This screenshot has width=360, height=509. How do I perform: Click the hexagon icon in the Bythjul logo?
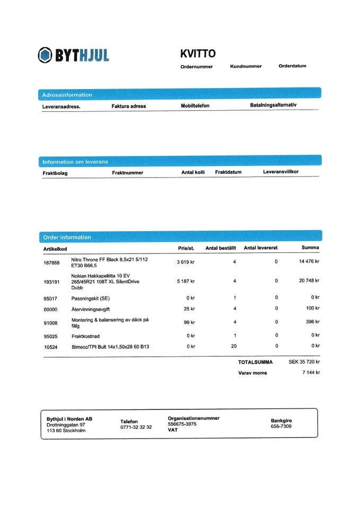(x=45, y=55)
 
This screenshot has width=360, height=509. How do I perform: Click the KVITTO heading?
(x=198, y=54)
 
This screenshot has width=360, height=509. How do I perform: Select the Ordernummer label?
(x=196, y=67)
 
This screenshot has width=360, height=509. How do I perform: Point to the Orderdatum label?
(x=292, y=66)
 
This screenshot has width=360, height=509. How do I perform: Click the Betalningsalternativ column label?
(x=273, y=105)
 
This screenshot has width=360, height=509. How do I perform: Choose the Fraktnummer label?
(x=127, y=172)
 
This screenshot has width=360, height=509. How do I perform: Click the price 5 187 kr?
(x=186, y=282)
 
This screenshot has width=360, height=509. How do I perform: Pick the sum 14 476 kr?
(x=309, y=261)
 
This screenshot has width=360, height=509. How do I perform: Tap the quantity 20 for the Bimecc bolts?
(x=234, y=346)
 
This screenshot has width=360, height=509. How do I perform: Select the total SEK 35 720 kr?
(x=304, y=362)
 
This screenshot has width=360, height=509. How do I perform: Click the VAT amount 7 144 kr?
(x=310, y=372)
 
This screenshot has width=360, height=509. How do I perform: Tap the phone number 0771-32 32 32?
(x=136, y=427)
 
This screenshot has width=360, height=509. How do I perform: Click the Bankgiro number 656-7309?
(x=281, y=426)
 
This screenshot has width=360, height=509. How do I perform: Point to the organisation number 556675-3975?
(x=182, y=424)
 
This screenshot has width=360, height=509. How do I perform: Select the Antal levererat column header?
(x=260, y=248)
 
